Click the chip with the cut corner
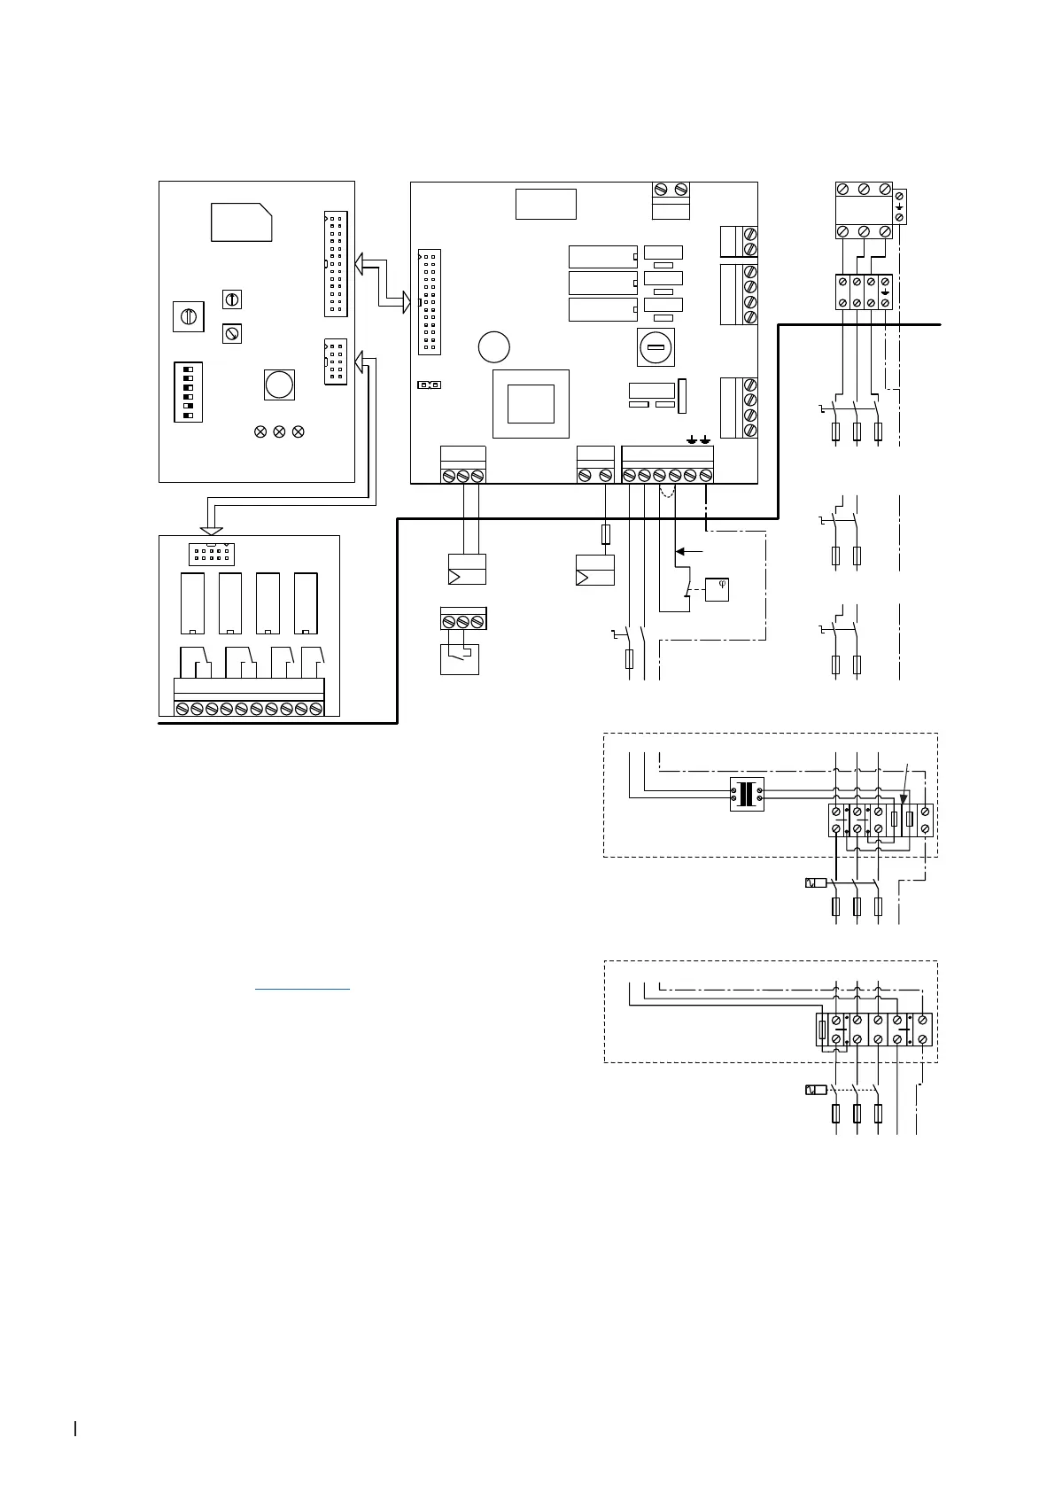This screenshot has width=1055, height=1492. point(241,221)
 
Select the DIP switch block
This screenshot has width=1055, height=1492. point(189,391)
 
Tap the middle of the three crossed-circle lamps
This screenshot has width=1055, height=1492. point(279,431)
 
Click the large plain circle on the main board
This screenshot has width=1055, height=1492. point(493,346)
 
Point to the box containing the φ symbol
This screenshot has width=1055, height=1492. point(717,590)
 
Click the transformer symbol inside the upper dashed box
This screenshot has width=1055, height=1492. point(747,794)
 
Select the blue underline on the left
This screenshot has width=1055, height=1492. point(302,988)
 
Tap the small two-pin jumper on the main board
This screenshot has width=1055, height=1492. point(430,385)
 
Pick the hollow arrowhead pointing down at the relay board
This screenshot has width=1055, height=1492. point(211,530)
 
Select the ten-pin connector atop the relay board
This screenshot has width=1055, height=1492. point(211,555)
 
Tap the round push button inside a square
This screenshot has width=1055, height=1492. point(279,385)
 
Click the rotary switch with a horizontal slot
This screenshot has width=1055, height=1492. point(655,346)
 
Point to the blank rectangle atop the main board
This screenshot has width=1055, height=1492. point(546,204)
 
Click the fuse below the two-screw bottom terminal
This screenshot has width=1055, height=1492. point(605,534)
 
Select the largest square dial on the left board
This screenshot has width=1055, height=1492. point(188,316)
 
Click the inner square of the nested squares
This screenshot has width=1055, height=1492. point(531,403)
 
